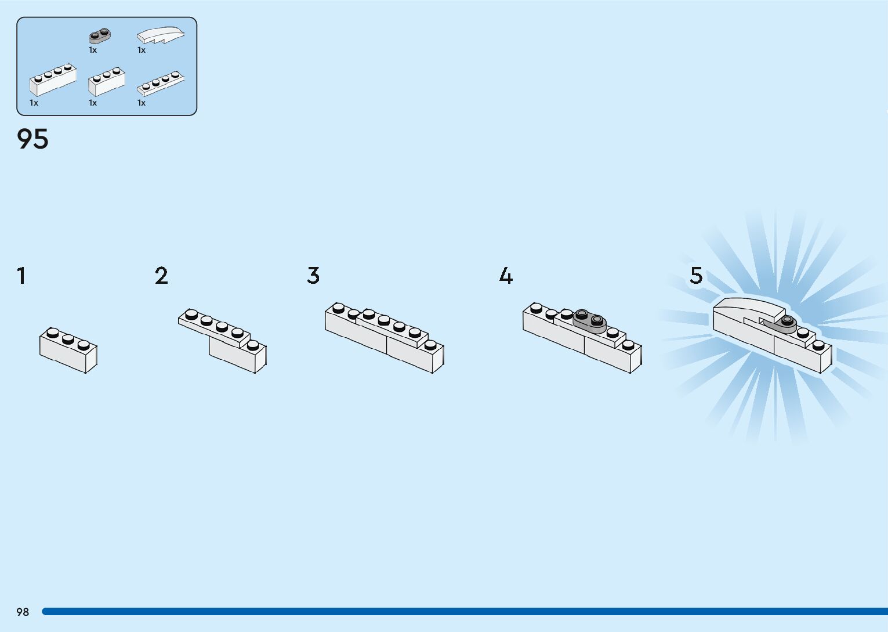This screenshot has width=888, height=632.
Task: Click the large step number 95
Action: click(x=33, y=139)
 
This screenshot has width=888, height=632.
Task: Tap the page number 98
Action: click(x=23, y=612)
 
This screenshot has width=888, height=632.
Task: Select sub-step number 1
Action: click(x=21, y=276)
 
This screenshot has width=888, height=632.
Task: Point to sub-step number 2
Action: click(x=161, y=276)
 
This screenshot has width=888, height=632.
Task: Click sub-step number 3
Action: click(x=313, y=276)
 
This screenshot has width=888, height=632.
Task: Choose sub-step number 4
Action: click(x=506, y=276)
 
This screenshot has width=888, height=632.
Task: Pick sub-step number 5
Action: click(x=696, y=276)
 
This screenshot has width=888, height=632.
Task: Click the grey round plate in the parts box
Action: click(x=100, y=36)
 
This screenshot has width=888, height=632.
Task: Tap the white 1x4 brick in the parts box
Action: click(x=53, y=80)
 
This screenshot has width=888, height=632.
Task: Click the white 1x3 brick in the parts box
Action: click(x=107, y=82)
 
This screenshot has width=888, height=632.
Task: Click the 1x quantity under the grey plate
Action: click(x=93, y=50)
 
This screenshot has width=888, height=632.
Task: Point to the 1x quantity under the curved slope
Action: click(x=142, y=50)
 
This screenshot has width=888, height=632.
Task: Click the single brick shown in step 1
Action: click(x=68, y=351)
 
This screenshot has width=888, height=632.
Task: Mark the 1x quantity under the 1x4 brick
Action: click(x=34, y=103)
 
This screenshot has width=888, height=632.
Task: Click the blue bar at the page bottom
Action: click(x=464, y=612)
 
